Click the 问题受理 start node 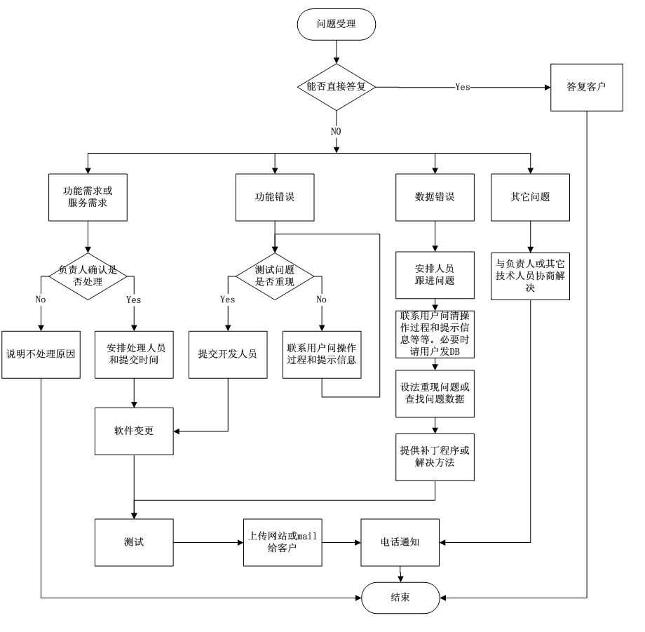click(x=337, y=24)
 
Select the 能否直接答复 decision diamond click(x=337, y=87)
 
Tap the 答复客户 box click(x=586, y=87)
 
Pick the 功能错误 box click(x=274, y=197)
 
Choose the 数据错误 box click(x=435, y=197)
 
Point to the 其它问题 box click(x=531, y=197)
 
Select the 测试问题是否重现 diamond click(x=273, y=276)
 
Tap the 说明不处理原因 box click(x=41, y=354)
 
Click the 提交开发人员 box click(x=227, y=354)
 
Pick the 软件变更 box click(x=134, y=430)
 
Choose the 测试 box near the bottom click(x=134, y=542)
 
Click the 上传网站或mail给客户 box click(x=283, y=542)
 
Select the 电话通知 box click(x=400, y=542)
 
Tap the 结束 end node click(x=400, y=597)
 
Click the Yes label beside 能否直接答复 click(x=463, y=87)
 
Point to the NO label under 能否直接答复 click(x=337, y=130)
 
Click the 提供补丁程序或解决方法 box click(x=435, y=457)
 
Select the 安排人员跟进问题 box click(x=435, y=275)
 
